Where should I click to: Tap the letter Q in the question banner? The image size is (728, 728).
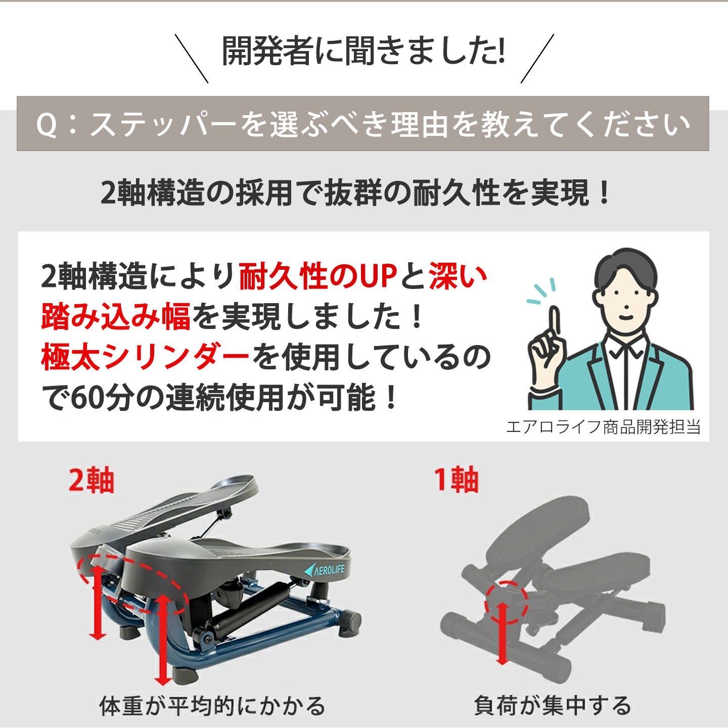point(47,125)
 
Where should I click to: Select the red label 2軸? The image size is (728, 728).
point(92,480)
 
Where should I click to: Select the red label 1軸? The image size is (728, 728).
point(456,480)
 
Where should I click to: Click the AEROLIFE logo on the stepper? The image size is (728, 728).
point(325,570)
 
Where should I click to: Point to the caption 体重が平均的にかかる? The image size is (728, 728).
point(212,706)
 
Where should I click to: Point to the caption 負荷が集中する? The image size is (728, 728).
point(552,706)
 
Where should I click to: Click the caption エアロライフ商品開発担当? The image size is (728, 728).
point(603,427)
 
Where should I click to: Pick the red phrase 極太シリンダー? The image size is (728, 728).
point(145,357)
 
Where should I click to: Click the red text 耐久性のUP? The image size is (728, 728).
point(318,276)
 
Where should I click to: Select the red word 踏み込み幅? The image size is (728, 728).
point(116,317)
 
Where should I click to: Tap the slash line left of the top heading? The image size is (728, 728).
point(191,58)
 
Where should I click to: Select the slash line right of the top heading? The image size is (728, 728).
point(537,58)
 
